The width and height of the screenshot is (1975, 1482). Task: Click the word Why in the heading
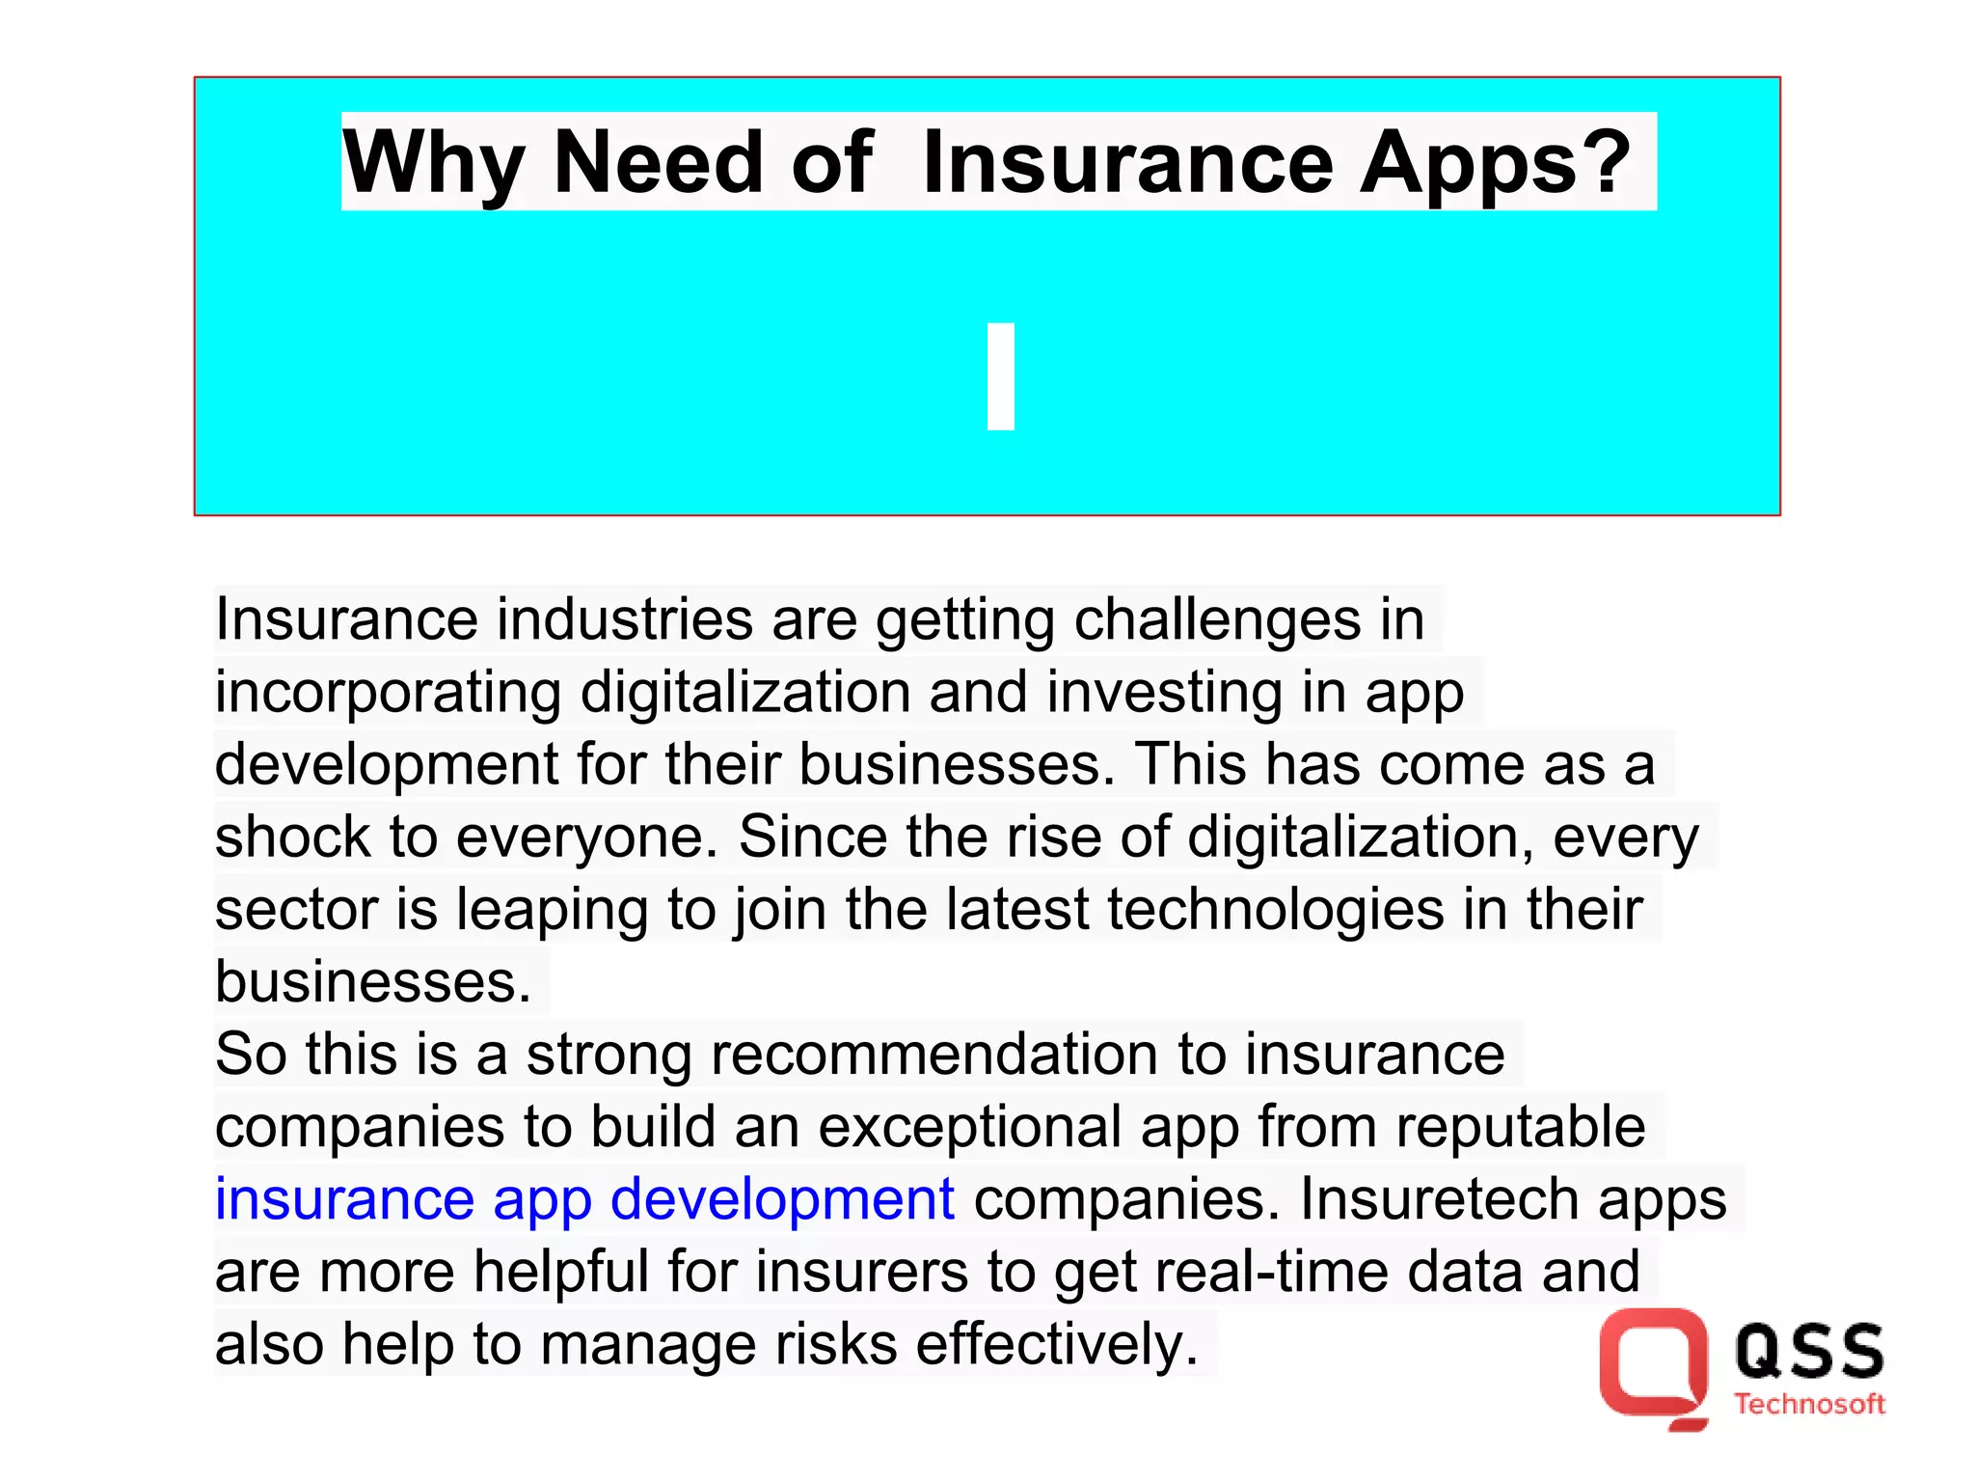coord(433,164)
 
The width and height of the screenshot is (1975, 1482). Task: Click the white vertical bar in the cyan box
coord(1001,376)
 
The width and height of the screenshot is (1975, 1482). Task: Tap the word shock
coord(292,837)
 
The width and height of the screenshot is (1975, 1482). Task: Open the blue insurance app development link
coord(584,1199)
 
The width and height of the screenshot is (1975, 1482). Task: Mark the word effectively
coord(1056,1344)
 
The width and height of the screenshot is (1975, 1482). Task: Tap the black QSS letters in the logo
coord(1809,1350)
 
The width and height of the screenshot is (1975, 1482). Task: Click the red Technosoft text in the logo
coord(1809,1405)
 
